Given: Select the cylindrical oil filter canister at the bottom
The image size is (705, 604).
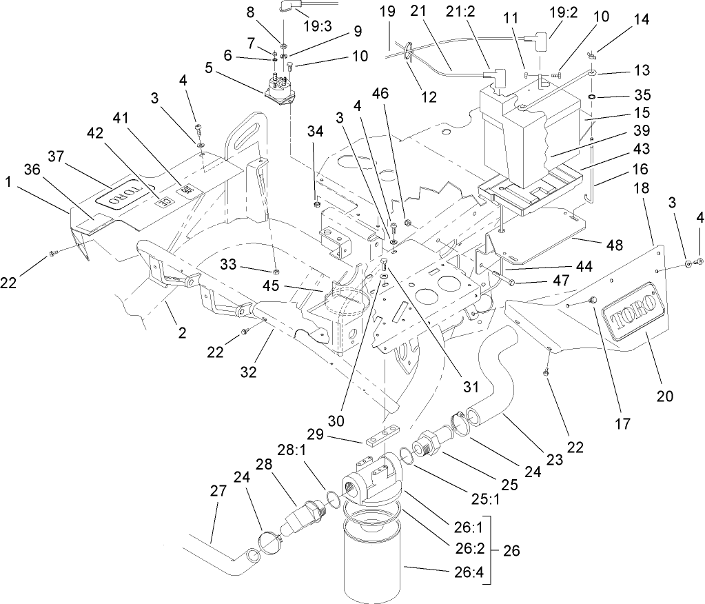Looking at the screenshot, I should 372,562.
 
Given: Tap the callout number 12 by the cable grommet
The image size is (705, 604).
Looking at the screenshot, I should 429,97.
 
